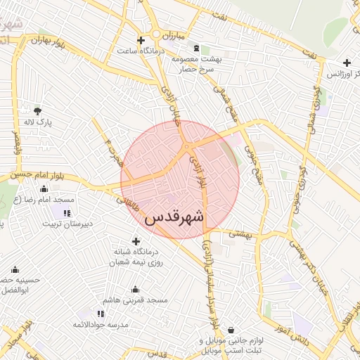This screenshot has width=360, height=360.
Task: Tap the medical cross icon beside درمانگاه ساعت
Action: pyautogui.click(x=141, y=40)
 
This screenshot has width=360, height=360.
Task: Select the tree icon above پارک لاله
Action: pyautogui.click(x=37, y=110)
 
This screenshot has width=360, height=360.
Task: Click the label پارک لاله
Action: pyautogui.click(x=40, y=122)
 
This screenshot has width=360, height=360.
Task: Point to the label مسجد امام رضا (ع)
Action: pyautogui.click(x=45, y=200)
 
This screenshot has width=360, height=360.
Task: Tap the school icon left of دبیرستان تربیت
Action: pyautogui.click(x=67, y=213)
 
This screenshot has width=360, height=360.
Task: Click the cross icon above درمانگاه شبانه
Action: pyautogui.click(x=136, y=241)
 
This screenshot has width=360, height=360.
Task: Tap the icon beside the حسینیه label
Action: pyautogui.click(x=15, y=269)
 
